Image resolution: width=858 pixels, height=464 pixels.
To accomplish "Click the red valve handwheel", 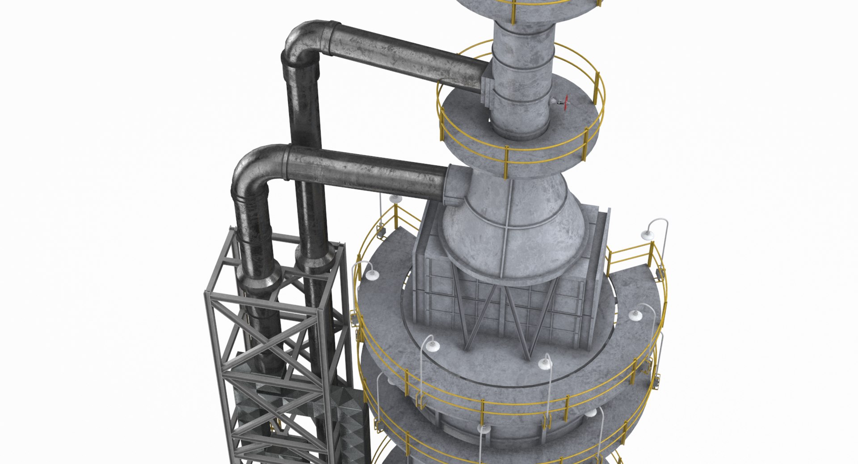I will [x=567, y=103].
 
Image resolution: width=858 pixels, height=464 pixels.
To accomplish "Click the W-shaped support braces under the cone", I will [x=505, y=313].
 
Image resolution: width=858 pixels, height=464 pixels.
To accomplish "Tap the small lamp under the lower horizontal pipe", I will [x=395, y=199].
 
